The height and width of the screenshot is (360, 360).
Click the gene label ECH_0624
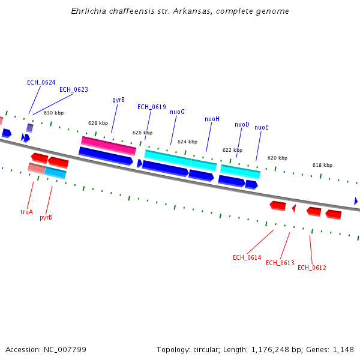(x=41, y=82)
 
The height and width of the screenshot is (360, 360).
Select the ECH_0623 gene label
(x=73, y=90)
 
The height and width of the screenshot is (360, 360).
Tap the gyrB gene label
(x=118, y=100)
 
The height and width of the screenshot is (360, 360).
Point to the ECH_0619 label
(x=151, y=107)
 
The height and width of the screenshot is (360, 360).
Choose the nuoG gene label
(x=177, y=112)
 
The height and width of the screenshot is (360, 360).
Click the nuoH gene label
(x=212, y=119)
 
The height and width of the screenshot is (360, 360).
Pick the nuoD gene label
(x=242, y=125)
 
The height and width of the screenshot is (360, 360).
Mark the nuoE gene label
(x=261, y=128)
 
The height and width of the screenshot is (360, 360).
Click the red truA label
(x=26, y=212)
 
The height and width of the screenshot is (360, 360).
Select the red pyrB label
(x=46, y=217)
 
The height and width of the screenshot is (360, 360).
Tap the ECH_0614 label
(x=247, y=257)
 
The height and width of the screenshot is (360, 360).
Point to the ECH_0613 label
(x=280, y=263)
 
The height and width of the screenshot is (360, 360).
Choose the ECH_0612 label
(x=311, y=268)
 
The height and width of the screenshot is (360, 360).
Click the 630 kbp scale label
(x=53, y=113)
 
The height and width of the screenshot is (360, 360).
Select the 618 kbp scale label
(x=322, y=165)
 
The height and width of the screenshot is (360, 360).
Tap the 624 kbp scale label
(x=187, y=142)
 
